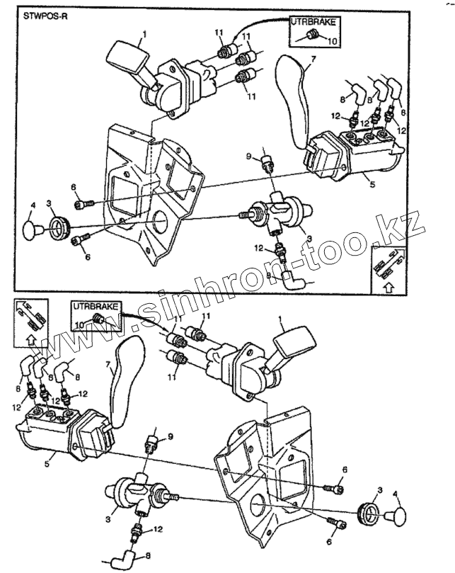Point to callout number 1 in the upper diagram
tap(144, 33)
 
